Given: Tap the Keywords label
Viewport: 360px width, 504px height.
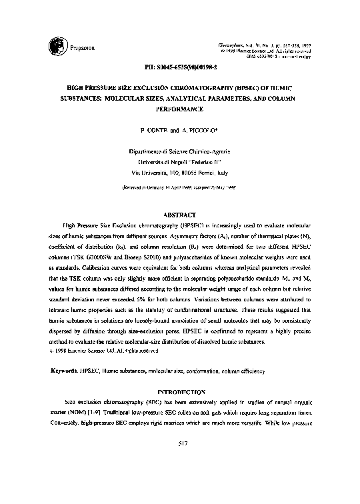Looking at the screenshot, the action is [65, 369].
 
